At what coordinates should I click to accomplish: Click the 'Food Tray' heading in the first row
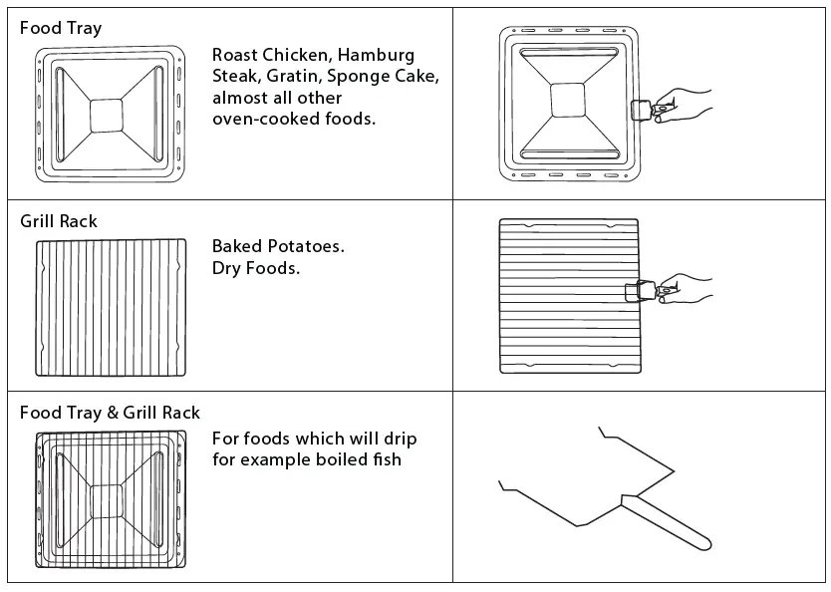click(x=60, y=28)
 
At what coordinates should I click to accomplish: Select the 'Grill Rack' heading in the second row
click(x=59, y=221)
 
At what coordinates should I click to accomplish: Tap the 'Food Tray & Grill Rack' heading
click(x=110, y=413)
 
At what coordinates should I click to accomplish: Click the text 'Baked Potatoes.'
click(x=278, y=246)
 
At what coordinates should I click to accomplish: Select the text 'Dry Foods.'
click(x=255, y=268)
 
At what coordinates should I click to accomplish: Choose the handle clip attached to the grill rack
click(x=636, y=292)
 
